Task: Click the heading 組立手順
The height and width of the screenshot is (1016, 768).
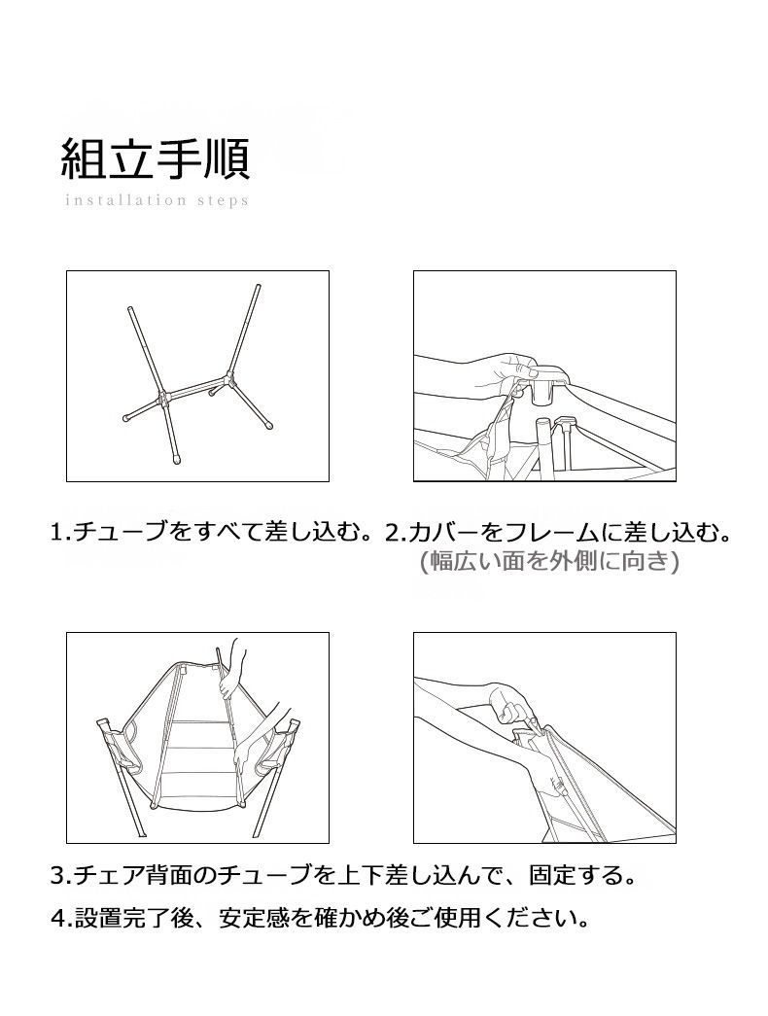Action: click(x=156, y=158)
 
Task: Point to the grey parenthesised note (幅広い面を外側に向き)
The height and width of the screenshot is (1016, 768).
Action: click(x=546, y=561)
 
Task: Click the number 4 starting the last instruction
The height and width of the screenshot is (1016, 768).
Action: click(x=56, y=917)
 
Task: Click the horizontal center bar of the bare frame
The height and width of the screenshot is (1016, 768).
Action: click(x=194, y=386)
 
